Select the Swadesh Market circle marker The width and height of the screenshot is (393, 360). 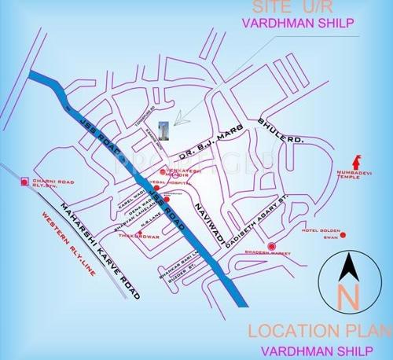click(x=271, y=248)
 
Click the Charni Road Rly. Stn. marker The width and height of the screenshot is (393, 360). click(x=25, y=182)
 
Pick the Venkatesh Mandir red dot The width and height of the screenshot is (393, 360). click(x=163, y=171)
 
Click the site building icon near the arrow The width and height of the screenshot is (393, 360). click(x=162, y=128)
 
